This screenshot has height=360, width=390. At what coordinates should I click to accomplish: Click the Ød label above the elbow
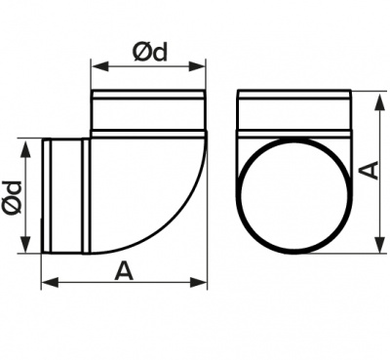point(150,53)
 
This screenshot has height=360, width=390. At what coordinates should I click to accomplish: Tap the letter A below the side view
point(124,271)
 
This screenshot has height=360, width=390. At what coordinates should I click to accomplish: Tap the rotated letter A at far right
point(370,170)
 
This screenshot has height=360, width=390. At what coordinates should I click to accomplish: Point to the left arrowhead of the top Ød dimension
point(100,67)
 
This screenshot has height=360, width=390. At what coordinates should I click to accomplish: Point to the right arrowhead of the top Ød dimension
point(197,67)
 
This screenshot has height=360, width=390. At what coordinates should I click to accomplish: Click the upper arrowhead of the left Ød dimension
point(25,148)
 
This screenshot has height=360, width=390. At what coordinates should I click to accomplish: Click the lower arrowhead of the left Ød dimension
point(25,244)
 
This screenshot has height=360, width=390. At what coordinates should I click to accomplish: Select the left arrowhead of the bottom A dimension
point(51,282)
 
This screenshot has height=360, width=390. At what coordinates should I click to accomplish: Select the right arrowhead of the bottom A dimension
point(198,282)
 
